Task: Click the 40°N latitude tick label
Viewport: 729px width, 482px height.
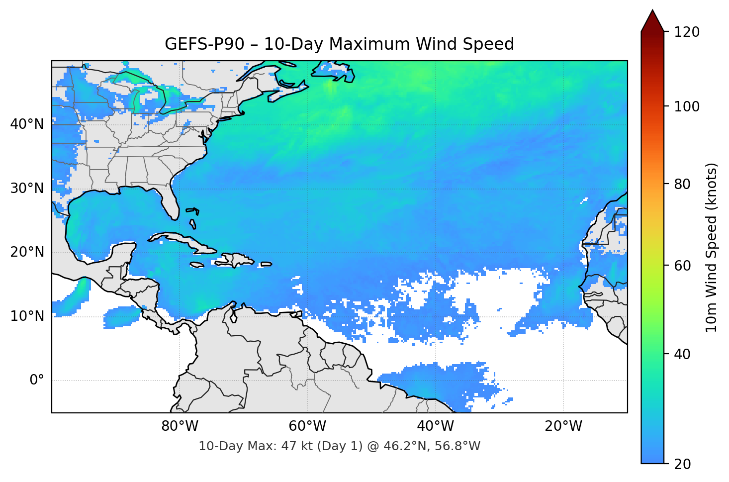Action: point(27,124)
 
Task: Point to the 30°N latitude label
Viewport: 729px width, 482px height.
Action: point(27,188)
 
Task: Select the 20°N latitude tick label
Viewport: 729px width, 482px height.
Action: point(27,252)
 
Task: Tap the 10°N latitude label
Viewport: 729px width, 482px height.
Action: point(27,316)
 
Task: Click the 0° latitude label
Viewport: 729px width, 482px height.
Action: point(37,381)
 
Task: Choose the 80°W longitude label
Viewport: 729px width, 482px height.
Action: point(180,426)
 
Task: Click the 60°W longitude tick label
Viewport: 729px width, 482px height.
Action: point(307,426)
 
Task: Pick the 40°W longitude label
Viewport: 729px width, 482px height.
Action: point(435,426)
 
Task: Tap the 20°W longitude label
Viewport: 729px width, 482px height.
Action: point(563,426)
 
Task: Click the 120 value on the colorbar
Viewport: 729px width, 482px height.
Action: point(686,32)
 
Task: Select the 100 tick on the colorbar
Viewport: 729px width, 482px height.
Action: point(686,106)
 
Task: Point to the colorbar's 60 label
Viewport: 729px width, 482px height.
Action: point(682,266)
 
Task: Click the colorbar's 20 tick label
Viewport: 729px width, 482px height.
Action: point(682,464)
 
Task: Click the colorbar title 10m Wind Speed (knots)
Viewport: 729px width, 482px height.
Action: point(712,247)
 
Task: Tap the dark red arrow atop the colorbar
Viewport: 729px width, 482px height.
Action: point(652,21)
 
